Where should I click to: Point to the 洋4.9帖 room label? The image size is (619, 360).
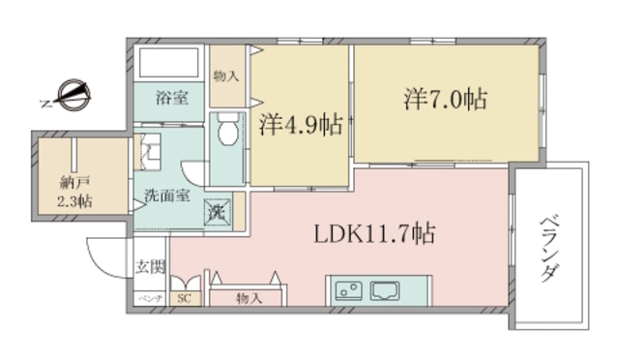coord(301,124)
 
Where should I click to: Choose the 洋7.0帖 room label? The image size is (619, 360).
coord(445,98)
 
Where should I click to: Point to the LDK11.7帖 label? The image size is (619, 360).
coord(372,232)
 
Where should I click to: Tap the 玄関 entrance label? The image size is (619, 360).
coord(149,266)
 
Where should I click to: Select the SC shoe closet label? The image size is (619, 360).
coord(184,299)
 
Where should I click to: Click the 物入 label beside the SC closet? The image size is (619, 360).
coord(248,299)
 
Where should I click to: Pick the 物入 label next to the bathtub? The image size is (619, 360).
coord(225,75)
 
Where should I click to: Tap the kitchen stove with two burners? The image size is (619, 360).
coord(348,289)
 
